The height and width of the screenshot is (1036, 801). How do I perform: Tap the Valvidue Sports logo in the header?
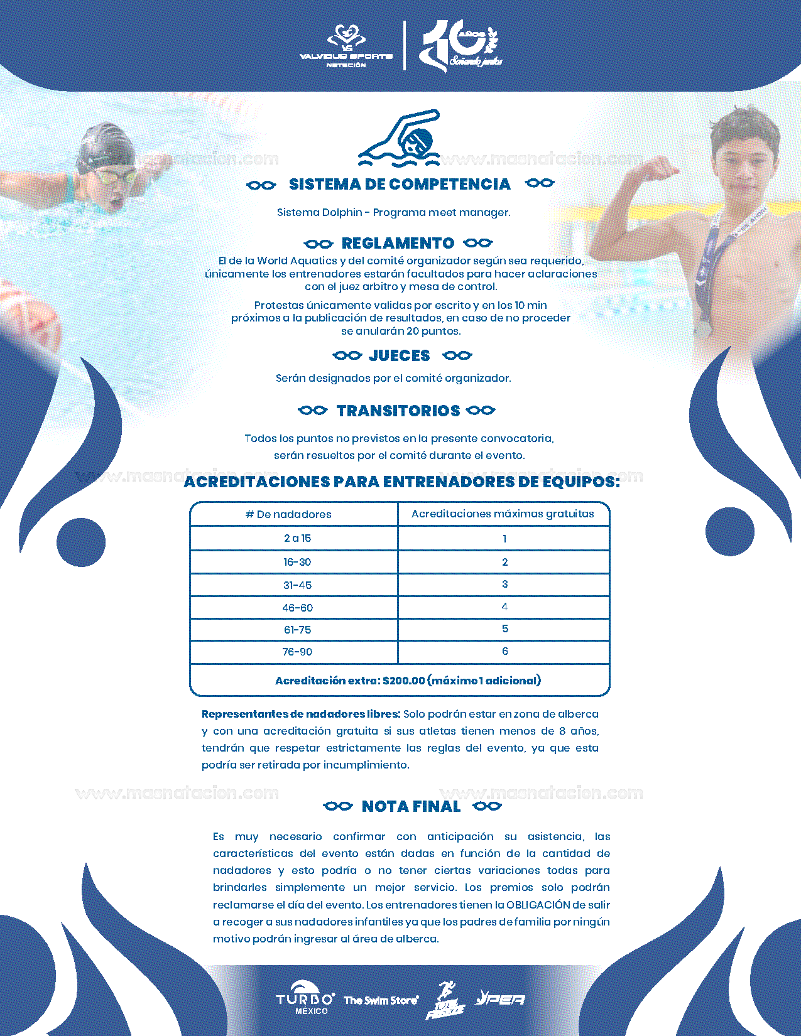pos(346,46)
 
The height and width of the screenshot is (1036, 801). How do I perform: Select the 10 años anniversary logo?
pos(461,45)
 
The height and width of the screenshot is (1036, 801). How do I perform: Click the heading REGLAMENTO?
pos(398,243)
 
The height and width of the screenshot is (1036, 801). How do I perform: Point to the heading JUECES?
pos(400,355)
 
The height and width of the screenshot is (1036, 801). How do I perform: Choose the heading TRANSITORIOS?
pos(398,411)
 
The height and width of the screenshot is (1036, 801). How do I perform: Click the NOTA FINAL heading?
pos(411,806)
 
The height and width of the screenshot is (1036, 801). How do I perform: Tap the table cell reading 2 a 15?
pos(297,538)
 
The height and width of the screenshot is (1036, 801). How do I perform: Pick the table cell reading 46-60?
pos(297,608)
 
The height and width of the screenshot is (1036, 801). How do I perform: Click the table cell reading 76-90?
pos(297,652)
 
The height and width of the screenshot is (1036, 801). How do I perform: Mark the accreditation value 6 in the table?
pos(504,652)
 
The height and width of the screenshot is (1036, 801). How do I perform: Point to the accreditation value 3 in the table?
pos(504,585)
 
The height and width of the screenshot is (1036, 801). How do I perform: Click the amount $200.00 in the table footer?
pos(403,681)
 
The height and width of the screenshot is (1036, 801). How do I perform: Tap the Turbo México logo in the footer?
pos(305,998)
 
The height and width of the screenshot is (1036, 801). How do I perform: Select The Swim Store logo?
pos(381,1000)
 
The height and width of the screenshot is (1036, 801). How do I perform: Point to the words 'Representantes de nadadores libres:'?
pos(301,714)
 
